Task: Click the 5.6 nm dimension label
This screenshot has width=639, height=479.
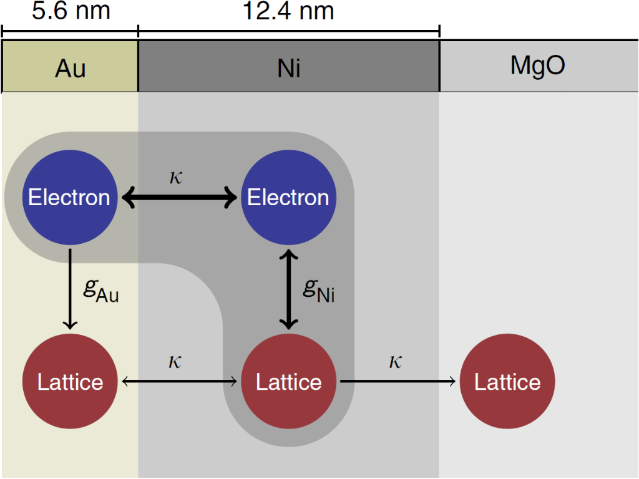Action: pyautogui.click(x=71, y=11)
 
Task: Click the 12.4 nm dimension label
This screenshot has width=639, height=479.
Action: pyautogui.click(x=289, y=11)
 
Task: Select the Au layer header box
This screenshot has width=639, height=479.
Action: pyautogui.click(x=70, y=67)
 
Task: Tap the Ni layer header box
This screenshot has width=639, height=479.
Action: pyautogui.click(x=289, y=67)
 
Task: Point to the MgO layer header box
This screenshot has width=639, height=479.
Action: pyautogui.click(x=538, y=66)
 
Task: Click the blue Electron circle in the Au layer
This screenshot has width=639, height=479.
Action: pyautogui.click(x=69, y=198)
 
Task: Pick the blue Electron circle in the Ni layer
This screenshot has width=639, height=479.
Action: pyautogui.click(x=288, y=198)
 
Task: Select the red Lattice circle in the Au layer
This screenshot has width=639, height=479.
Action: pyautogui.click(x=69, y=382)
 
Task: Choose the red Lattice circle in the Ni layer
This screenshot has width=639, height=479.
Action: pyautogui.click(x=288, y=382)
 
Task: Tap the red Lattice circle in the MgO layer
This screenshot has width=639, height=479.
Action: pyautogui.click(x=507, y=382)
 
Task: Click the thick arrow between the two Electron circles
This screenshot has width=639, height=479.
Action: pyautogui.click(x=179, y=198)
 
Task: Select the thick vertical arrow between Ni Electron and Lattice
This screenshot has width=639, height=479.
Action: pyautogui.click(x=288, y=289)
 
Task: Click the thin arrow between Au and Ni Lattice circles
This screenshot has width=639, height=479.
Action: pyautogui.click(x=179, y=382)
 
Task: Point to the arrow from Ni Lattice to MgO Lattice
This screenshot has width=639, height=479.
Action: pyautogui.click(x=398, y=382)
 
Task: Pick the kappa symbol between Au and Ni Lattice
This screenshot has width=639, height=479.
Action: pyautogui.click(x=175, y=361)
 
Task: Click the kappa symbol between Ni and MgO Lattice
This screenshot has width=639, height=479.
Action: pyautogui.click(x=395, y=361)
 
